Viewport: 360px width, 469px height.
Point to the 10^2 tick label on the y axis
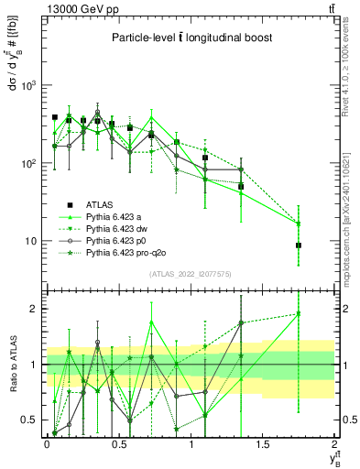pos(30,163)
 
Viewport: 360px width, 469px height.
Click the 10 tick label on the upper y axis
pos(33,241)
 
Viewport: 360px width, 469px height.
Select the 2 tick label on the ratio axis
pos(35,309)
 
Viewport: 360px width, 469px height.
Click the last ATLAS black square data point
pos(299,245)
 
